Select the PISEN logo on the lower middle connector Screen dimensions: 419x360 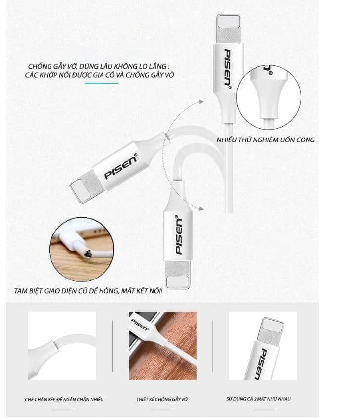[179, 235]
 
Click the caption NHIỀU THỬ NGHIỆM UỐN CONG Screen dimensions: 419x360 [265, 140]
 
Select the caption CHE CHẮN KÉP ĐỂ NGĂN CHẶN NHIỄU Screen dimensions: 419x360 [64, 399]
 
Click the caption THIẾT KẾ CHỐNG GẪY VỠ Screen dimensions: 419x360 [162, 399]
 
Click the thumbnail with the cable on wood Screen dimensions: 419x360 [162, 345]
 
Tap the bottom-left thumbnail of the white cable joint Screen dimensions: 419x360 [62, 345]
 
